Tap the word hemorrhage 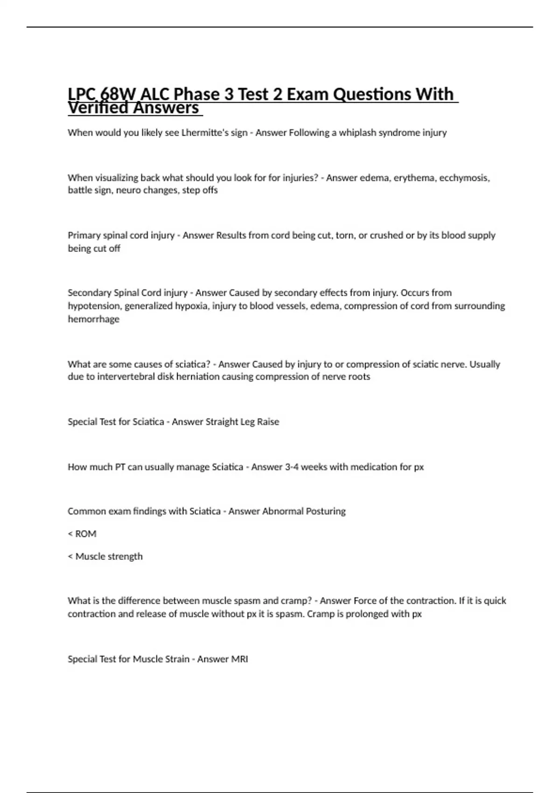[x=93, y=319]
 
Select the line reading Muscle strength [x=105, y=556]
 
